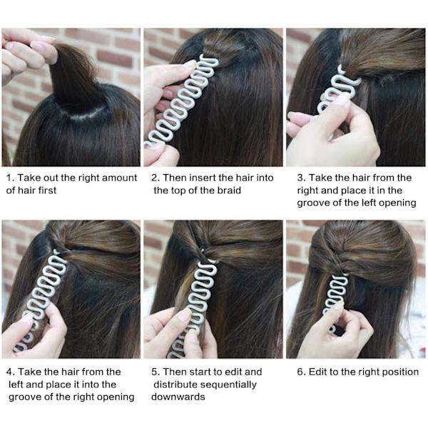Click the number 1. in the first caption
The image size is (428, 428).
[x=10, y=178]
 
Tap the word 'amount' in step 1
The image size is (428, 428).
[x=119, y=178]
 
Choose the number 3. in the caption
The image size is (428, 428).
[x=301, y=178]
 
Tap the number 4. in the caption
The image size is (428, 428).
[x=11, y=372]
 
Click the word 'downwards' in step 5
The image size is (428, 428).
[x=178, y=397]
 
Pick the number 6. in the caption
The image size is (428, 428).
[x=301, y=372]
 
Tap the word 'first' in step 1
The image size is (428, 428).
[x=48, y=190]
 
